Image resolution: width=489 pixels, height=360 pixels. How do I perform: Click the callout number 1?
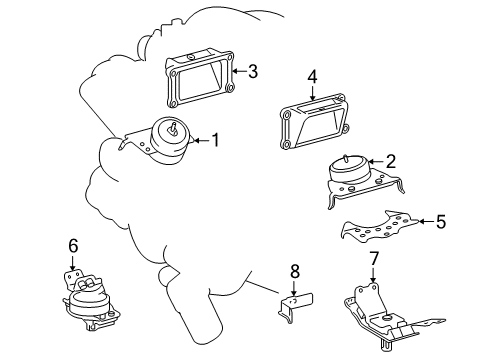[x=216, y=140]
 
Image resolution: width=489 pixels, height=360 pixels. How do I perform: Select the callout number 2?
[x=390, y=161]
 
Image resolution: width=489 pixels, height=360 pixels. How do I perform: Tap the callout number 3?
[x=253, y=71]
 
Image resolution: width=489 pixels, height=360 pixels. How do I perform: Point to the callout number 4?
[x=312, y=77]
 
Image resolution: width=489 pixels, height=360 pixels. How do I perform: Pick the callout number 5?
[x=441, y=221]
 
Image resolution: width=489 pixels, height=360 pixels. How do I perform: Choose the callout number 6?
[x=73, y=246]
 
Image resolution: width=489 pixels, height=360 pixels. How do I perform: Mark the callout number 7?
[x=374, y=258]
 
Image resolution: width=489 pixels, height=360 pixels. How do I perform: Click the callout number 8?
[x=295, y=271]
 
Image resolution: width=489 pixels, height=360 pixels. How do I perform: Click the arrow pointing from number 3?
[x=239, y=71]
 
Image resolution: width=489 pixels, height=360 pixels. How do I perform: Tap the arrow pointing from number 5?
[x=426, y=221]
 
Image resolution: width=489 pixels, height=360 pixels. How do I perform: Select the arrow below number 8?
[x=294, y=288]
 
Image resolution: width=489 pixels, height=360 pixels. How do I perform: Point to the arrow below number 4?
[x=312, y=93]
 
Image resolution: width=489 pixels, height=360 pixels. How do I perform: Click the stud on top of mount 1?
[x=173, y=128]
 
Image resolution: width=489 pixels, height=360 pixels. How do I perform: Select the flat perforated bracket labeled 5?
[x=380, y=227]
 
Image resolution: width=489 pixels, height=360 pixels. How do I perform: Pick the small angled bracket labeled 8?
[x=295, y=305]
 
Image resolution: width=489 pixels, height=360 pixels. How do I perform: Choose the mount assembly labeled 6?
[x=91, y=300]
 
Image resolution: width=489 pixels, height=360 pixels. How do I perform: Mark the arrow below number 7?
[x=373, y=275]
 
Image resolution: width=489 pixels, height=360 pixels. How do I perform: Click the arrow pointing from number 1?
[x=201, y=140]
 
